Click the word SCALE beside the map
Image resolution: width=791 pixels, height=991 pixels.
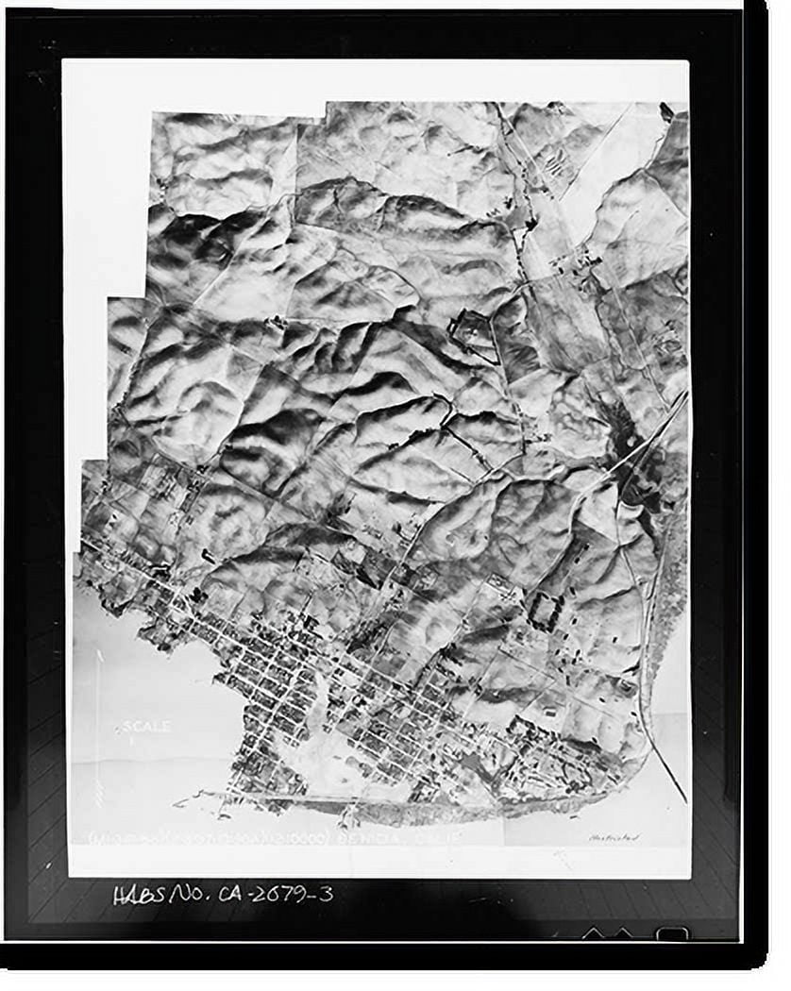pos(146,727)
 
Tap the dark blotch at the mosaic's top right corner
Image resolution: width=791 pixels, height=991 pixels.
pos(667,112)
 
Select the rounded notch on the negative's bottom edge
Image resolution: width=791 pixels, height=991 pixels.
pos(672,933)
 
